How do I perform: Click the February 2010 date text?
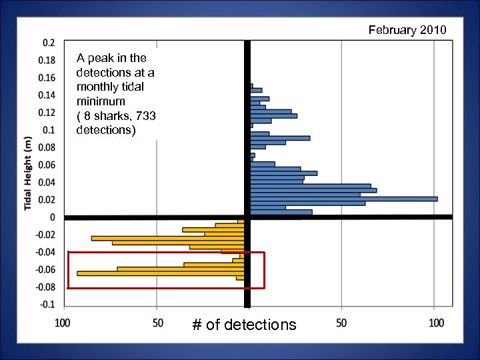[407, 30]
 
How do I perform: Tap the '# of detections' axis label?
[244, 325]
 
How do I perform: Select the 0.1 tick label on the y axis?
[49, 129]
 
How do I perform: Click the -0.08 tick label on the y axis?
[46, 287]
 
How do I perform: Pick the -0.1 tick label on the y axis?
[48, 305]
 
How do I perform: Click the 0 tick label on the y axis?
[53, 217]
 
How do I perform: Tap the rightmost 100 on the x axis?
[436, 323]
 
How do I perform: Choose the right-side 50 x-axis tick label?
[342, 323]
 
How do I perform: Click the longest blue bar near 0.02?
[343, 199]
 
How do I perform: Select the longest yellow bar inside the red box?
[160, 273]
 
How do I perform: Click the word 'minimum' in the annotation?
[101, 101]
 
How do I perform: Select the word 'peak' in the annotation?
[100, 58]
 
